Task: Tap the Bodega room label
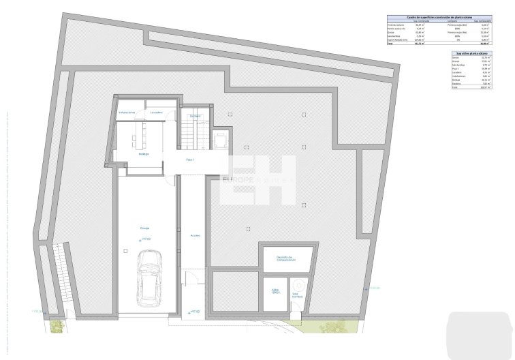click(x=144, y=154)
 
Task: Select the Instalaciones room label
click(x=127, y=112)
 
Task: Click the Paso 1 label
click(x=190, y=160)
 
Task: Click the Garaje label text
click(x=145, y=228)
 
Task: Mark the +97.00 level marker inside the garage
click(x=145, y=239)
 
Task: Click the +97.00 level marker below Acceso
click(x=193, y=311)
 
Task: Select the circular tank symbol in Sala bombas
click(x=297, y=284)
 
